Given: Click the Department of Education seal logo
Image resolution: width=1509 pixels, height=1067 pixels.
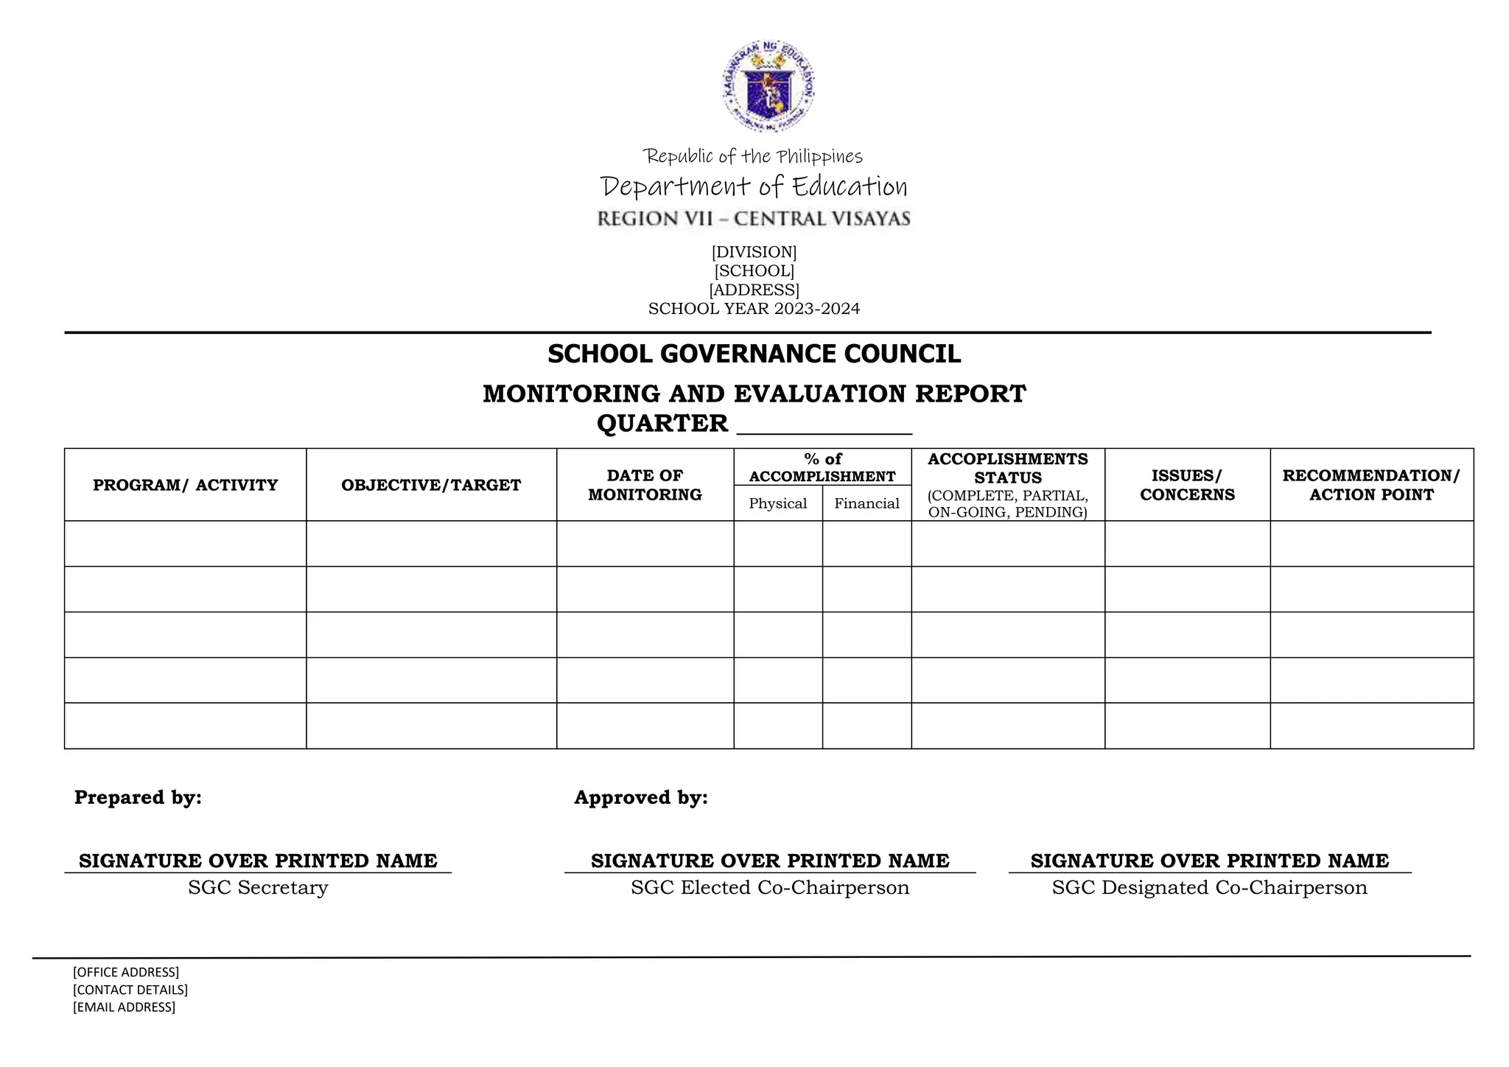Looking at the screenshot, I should [768, 86].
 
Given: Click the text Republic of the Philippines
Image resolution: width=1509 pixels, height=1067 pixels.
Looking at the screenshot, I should [752, 156].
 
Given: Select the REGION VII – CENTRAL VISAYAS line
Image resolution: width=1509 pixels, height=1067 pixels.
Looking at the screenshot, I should [753, 219].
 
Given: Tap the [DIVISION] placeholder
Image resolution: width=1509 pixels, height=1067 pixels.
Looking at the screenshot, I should [754, 252].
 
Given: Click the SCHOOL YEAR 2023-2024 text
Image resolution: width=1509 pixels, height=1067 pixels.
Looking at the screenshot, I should [754, 309].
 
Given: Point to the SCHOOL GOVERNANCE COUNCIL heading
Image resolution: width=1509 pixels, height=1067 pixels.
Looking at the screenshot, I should [754, 354].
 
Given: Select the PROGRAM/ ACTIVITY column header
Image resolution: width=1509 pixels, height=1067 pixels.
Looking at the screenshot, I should [185, 485].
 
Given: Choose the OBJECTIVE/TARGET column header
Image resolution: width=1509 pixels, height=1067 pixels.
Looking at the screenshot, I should [431, 485].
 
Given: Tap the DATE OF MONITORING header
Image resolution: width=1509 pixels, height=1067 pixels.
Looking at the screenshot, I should [645, 485].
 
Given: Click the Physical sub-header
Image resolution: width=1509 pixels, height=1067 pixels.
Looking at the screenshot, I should [777, 503].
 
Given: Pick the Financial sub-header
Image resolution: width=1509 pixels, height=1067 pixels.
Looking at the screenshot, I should [866, 503].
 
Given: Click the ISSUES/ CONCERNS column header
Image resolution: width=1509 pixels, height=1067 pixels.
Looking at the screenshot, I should [1187, 485].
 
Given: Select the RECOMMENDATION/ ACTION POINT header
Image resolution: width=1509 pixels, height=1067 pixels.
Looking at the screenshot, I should [1371, 485].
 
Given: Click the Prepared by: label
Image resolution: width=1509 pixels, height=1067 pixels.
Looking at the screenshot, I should [138, 797].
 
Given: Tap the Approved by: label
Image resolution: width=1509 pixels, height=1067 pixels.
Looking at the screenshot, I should [640, 797].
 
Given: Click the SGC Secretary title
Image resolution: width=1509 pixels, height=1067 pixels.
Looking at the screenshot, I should [257, 887].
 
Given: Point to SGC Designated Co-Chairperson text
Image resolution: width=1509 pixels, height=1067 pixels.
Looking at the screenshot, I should [1209, 887].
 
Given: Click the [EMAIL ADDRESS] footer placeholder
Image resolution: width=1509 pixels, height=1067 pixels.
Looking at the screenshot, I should [124, 1007].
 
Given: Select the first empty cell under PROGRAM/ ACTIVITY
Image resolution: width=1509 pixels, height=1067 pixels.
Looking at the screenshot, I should [185, 544].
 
